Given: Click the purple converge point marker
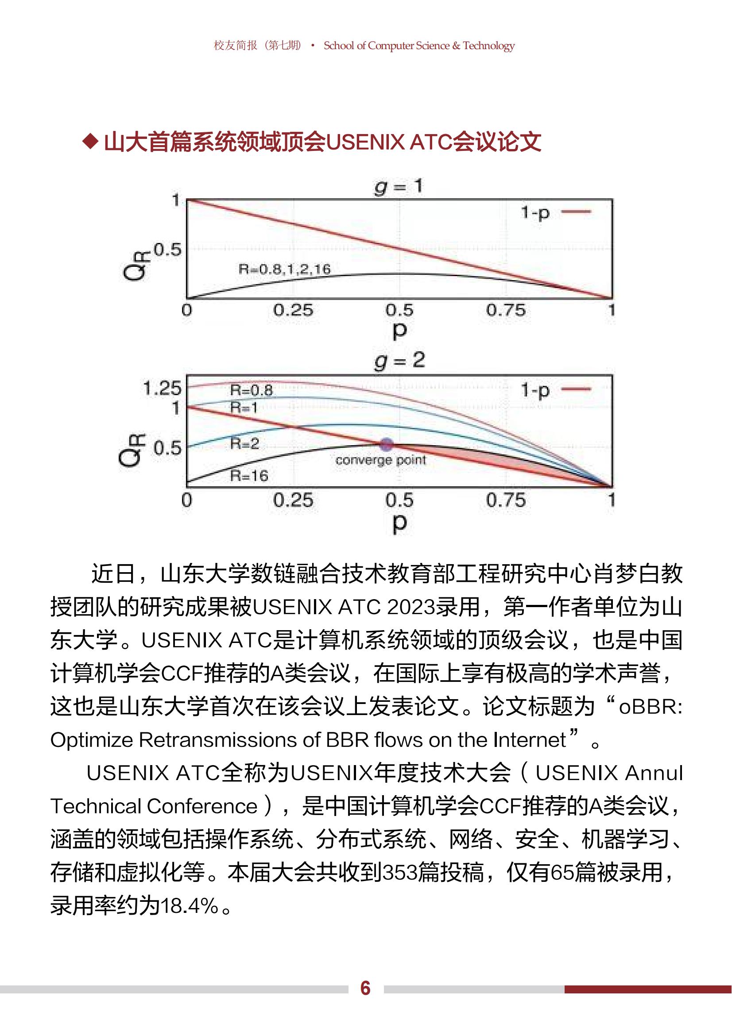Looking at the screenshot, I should pos(386,445).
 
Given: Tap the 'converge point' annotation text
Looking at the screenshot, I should pos(381,460).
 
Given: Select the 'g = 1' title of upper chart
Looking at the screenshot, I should pos(399,186).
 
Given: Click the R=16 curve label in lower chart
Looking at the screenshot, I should pos(249,476).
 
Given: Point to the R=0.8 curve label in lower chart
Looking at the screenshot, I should pos(251,390).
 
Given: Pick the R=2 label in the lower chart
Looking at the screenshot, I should pos(244,443).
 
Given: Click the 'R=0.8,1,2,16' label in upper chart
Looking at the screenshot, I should pos(285,269).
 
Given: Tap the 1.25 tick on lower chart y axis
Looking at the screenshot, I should pos(162,388).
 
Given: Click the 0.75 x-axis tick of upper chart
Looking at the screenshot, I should pos(506,310).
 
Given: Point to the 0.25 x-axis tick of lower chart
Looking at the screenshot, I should pos(293,500).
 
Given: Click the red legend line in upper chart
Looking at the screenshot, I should pos(576,212).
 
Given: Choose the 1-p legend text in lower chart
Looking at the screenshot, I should pos(535,390).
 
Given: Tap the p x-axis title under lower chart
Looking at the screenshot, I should pos(399,523).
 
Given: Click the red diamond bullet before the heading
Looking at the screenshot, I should pos(91,142).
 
